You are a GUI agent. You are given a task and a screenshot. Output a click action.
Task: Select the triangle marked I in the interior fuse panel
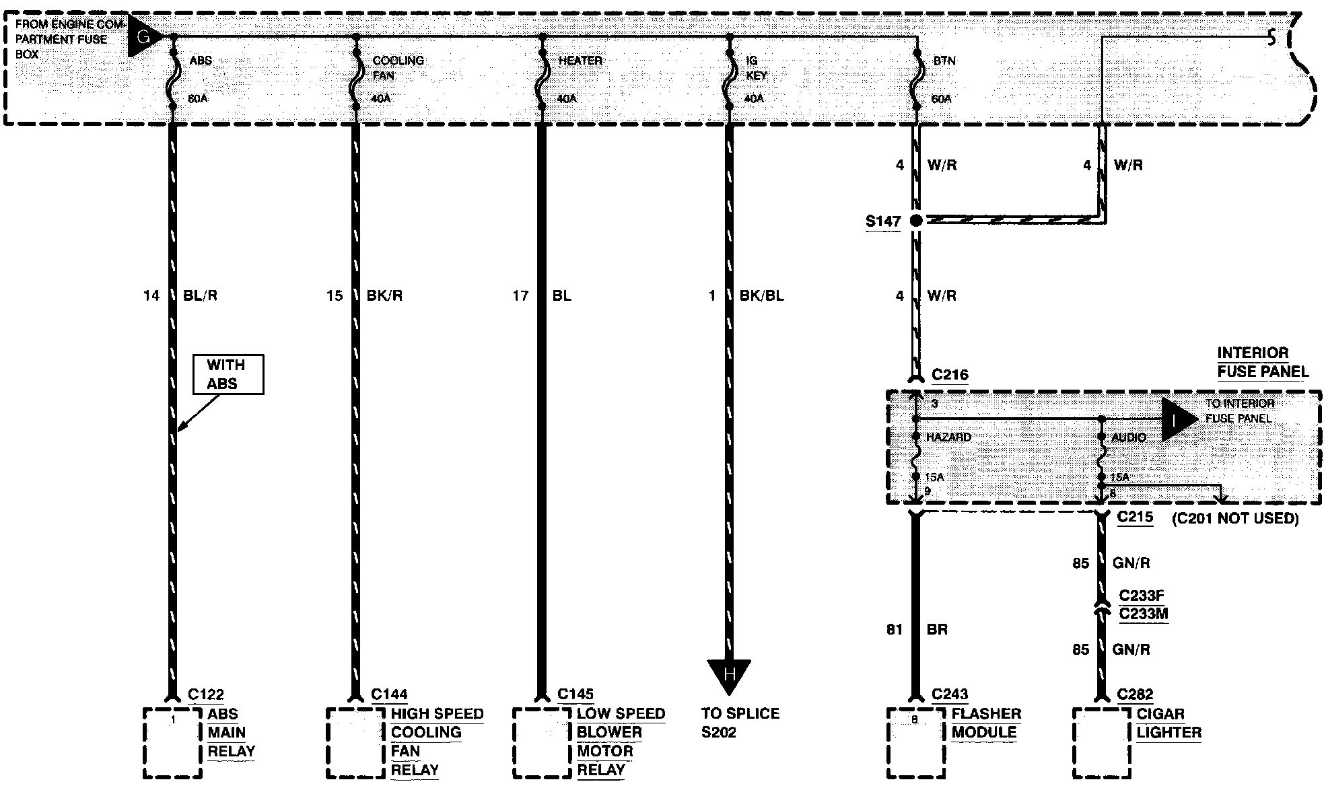(1177, 419)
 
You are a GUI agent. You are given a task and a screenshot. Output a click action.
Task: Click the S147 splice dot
(915, 220)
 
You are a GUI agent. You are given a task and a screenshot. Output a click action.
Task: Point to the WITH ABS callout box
(228, 374)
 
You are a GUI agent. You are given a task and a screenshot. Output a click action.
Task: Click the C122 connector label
(205, 694)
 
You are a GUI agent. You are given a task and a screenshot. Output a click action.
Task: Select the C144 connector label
(389, 694)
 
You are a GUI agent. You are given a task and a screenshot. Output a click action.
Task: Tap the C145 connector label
(575, 694)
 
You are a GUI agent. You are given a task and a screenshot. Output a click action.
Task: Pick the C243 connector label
(949, 694)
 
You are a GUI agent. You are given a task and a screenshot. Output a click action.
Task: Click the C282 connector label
(1135, 694)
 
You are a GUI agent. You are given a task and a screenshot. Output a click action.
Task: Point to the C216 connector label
(949, 375)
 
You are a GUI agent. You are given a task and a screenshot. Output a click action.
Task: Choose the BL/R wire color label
(200, 295)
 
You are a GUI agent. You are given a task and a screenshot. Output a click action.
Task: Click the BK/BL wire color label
(761, 295)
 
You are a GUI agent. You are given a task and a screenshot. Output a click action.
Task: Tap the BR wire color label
(937, 629)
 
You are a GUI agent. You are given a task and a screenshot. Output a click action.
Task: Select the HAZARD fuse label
(948, 437)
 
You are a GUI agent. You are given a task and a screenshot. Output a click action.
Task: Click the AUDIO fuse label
(1129, 437)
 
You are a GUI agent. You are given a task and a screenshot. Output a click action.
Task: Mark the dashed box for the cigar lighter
(1101, 742)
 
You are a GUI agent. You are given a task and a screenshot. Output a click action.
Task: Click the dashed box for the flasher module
(915, 742)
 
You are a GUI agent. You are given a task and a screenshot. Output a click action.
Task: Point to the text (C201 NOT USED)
(1235, 518)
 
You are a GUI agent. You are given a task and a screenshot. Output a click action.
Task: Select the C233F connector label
(1141, 596)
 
